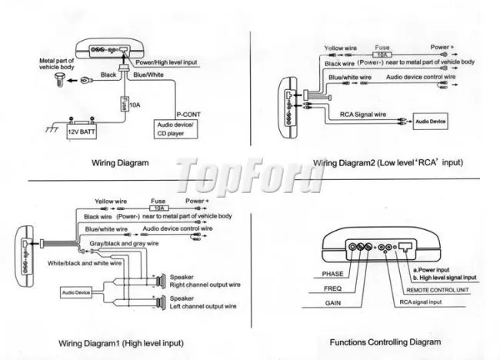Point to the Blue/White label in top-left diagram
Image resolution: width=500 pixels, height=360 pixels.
pos(147,75)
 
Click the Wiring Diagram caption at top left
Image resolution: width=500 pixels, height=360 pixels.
pos(120,163)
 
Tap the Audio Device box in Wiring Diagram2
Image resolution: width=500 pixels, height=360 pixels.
pos(430,122)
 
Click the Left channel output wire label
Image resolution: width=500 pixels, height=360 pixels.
pos(202,305)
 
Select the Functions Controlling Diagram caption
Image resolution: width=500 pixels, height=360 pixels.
pos(385,341)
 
